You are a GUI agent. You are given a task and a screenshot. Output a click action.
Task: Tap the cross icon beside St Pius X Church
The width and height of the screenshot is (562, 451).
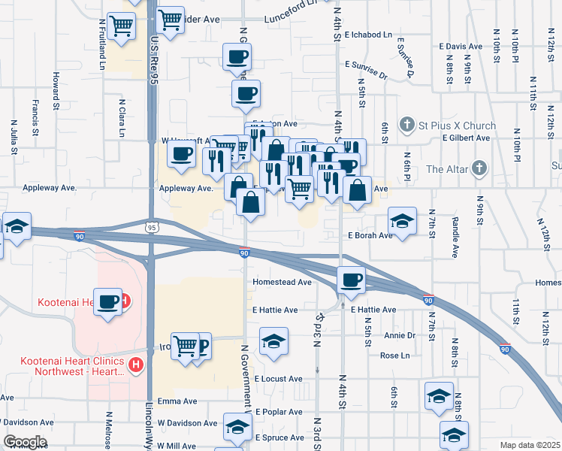point(406,125)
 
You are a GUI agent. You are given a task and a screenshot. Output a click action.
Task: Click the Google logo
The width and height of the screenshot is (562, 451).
point(25,442)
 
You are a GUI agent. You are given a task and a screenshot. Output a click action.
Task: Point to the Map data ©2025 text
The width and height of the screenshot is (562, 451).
point(530,445)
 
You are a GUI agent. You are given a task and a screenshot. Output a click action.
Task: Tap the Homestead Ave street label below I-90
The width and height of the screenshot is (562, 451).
point(283,282)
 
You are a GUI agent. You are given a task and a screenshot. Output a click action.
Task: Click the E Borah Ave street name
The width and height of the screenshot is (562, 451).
point(370,235)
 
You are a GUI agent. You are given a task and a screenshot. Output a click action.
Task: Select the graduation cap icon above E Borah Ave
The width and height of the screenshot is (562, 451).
point(402,220)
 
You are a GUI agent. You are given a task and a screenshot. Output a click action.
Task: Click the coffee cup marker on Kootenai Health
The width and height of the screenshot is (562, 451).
point(108,301)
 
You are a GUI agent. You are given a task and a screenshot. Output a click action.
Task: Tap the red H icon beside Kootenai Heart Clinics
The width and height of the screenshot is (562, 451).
point(136,366)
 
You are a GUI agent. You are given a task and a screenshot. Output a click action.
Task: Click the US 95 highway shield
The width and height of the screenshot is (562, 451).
point(153,226)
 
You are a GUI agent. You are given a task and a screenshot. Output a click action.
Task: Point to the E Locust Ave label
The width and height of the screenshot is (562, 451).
point(278,379)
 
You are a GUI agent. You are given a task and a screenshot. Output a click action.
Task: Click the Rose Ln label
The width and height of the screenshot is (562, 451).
point(394,356)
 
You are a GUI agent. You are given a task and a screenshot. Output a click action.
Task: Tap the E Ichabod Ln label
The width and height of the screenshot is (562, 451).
point(368,35)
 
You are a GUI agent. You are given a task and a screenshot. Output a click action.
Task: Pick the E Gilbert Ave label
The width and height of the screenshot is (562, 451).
point(466,138)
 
